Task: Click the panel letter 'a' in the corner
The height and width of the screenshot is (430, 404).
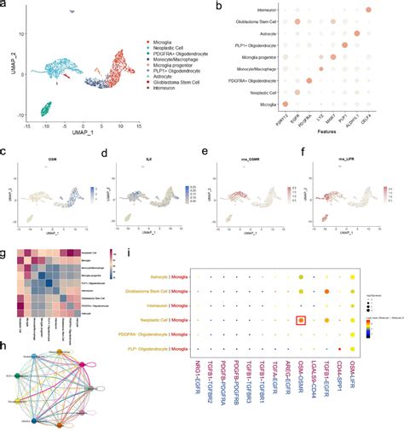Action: tap(6, 6)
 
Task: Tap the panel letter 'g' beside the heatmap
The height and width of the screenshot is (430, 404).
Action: tap(6, 253)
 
